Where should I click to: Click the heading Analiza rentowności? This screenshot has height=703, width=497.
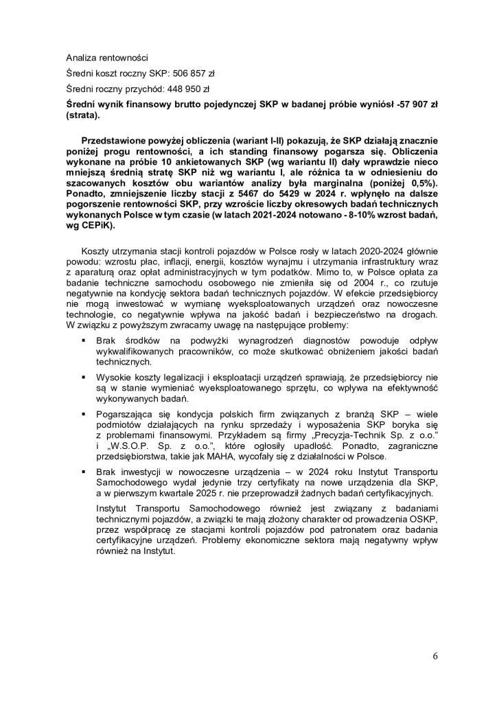point(107,57)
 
